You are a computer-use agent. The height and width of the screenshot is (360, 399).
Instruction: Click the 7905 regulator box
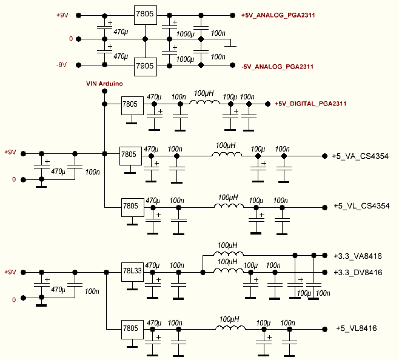coord(146,65)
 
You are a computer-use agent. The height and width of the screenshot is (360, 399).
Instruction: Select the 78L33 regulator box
coord(133,272)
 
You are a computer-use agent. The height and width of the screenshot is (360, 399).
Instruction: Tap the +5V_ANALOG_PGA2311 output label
coord(278,15)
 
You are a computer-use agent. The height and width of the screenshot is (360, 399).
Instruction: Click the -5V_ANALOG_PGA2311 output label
coord(277,65)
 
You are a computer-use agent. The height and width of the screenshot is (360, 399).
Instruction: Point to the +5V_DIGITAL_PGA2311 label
coord(310,104)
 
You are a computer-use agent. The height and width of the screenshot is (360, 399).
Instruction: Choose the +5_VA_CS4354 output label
coord(360,156)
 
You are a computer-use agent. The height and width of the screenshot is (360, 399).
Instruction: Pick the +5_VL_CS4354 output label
coord(361,207)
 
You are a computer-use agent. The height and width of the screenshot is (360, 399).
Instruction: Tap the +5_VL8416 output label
coord(357,328)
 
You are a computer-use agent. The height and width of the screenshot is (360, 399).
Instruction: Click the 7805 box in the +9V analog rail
coord(146,15)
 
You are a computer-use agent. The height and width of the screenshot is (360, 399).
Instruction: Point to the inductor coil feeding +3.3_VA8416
coord(226,254)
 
